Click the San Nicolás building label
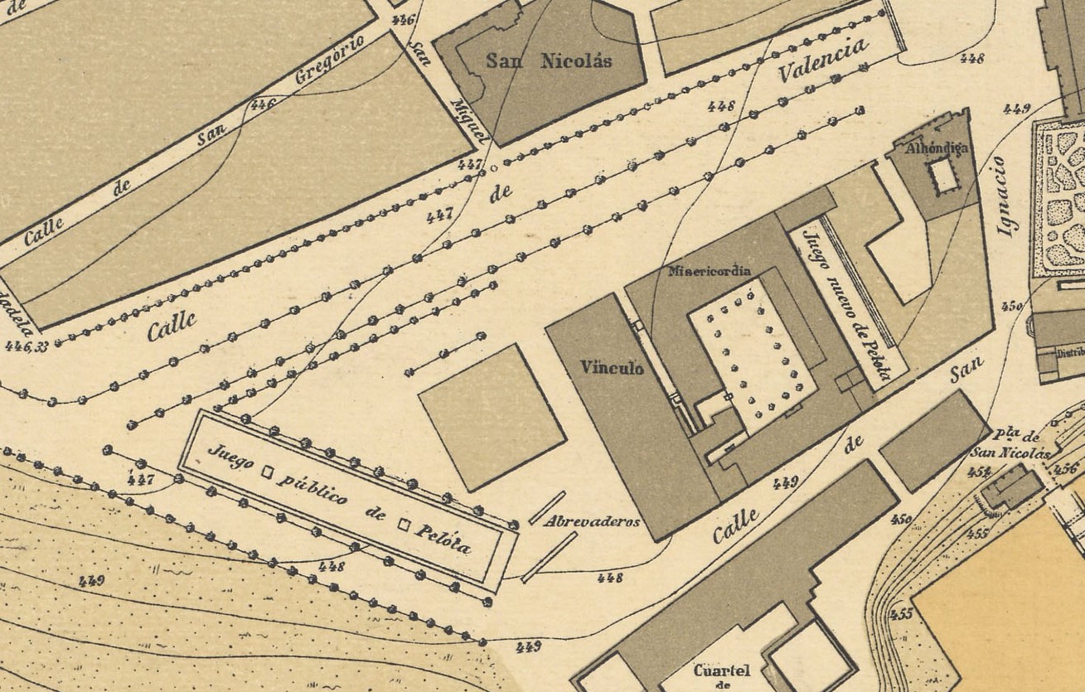(548, 60)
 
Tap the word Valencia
(823, 60)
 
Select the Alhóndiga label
(937, 148)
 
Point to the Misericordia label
(710, 271)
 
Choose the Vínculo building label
(612, 367)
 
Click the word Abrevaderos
(593, 522)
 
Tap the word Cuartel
(721, 670)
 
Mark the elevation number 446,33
(26, 346)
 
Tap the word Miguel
(470, 123)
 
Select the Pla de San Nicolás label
(1010, 445)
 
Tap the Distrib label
(1069, 352)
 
